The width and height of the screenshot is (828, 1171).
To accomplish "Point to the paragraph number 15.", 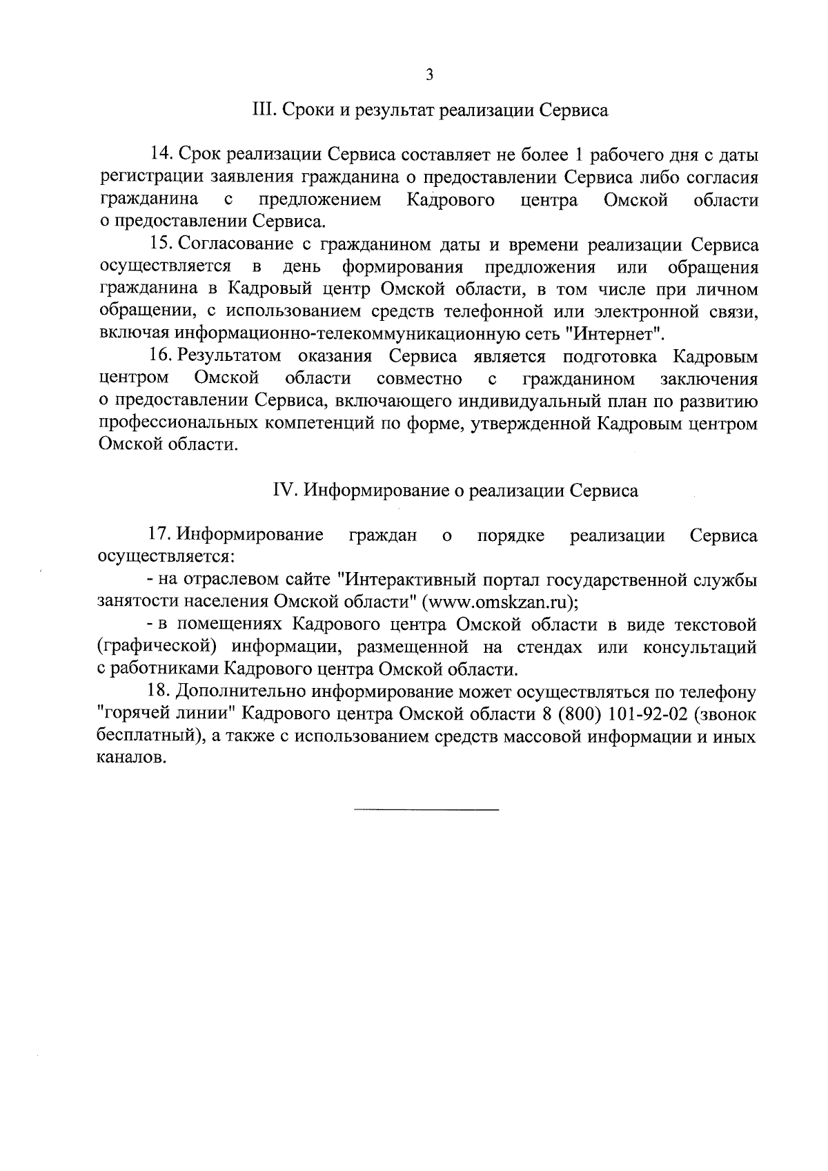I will pos(161,245).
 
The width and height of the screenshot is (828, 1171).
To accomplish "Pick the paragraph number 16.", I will pos(161,357).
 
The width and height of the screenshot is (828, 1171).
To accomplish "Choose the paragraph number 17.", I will pos(161,535).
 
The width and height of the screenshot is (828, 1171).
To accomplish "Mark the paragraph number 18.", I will pos(161,691).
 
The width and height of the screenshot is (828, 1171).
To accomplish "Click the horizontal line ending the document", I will pos(426,808).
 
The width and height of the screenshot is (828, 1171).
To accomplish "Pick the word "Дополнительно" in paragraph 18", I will pos(239,691).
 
